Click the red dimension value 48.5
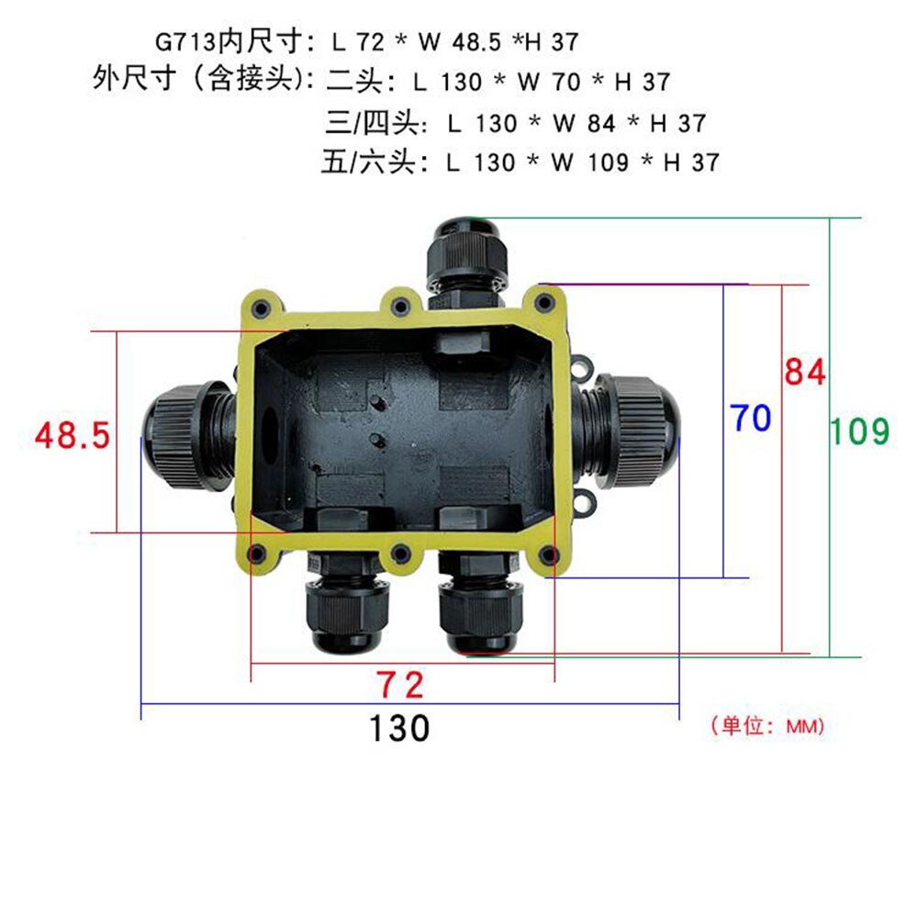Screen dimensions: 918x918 point(73,435)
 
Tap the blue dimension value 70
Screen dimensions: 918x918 point(751,419)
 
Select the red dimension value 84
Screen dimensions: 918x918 point(805,372)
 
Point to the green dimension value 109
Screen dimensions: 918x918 point(860,431)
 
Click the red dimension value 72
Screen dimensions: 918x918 point(401,684)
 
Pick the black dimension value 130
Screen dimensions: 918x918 point(400,729)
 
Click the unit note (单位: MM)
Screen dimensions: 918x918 point(767,726)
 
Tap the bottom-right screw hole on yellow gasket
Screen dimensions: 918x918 point(547,554)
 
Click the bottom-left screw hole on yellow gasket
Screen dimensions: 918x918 point(260,554)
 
